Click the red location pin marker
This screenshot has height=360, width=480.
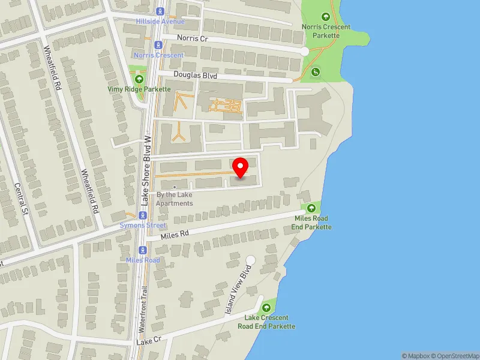(241, 167)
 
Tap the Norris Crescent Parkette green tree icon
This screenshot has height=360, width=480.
(326, 17)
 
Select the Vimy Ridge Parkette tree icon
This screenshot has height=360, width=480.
(139, 79)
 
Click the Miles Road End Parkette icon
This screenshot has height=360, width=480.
(311, 208)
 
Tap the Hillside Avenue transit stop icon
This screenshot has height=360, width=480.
(160, 11)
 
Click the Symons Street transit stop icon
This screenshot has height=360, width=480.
(143, 215)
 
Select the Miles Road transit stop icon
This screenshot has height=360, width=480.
(143, 250)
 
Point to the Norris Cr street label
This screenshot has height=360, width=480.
(192, 37)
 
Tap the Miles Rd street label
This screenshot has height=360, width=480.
(175, 235)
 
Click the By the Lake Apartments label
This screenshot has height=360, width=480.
(175, 199)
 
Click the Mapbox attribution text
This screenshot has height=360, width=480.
(416, 356)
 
